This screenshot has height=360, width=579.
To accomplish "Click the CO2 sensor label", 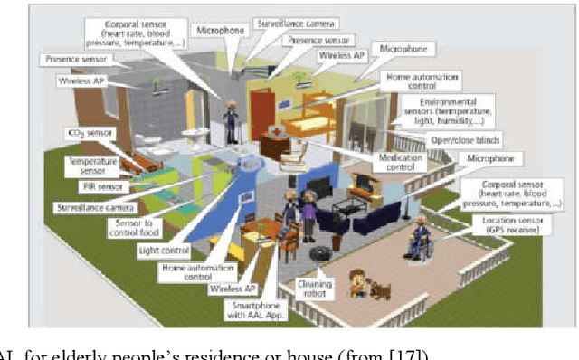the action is point(87,134).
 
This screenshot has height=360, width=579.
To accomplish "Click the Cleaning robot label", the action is point(313,289).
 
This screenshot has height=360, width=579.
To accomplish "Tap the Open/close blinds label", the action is point(466,139).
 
